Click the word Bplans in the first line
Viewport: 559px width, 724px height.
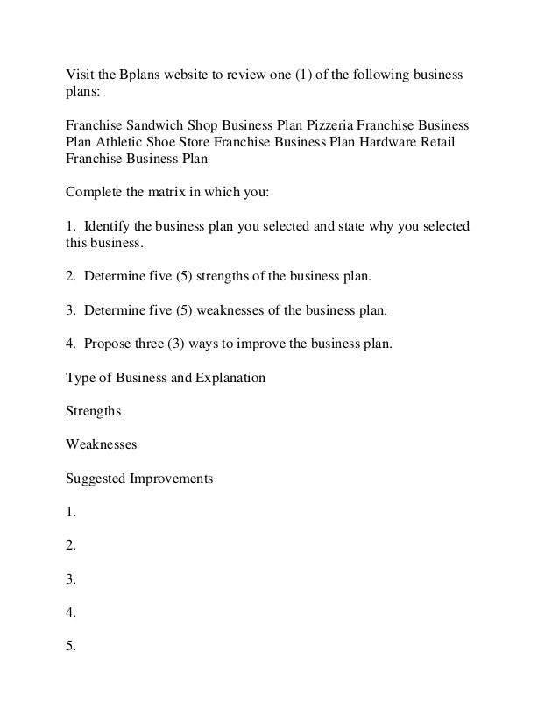click(137, 71)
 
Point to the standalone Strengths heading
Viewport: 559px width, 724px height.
click(94, 411)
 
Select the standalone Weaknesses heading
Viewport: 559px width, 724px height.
click(102, 444)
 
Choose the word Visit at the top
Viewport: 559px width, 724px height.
click(80, 71)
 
